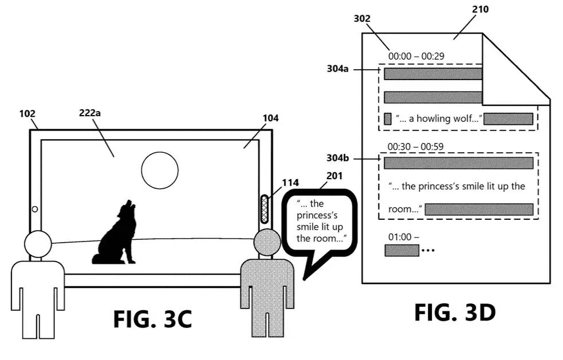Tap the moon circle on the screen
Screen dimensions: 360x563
click(160, 170)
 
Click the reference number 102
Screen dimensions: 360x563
click(27, 113)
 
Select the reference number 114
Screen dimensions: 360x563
click(290, 183)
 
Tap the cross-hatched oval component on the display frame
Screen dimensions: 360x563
click(265, 208)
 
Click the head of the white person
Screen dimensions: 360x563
click(37, 244)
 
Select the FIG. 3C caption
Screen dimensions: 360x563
click(152, 318)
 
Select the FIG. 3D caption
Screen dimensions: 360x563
click(455, 312)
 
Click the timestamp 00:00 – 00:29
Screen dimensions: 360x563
click(416, 56)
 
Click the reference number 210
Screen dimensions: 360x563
click(481, 9)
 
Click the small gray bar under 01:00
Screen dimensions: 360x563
click(401, 250)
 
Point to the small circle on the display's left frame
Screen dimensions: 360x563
click(35, 209)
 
